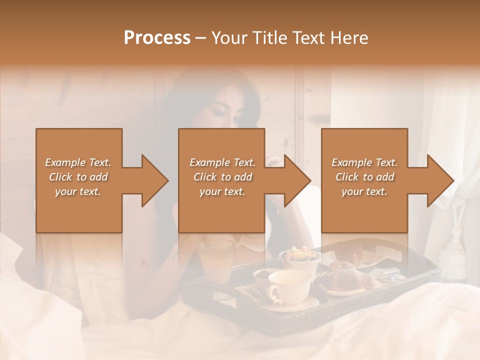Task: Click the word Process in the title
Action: [157, 38]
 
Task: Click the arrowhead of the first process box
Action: [153, 180]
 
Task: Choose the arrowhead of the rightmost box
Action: [439, 180]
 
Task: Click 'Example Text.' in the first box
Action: [78, 162]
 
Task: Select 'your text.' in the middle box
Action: [222, 191]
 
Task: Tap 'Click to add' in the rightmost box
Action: [364, 177]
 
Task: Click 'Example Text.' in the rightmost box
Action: [364, 162]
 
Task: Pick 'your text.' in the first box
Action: [78, 191]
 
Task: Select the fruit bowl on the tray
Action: [300, 259]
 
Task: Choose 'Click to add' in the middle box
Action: [222, 177]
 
